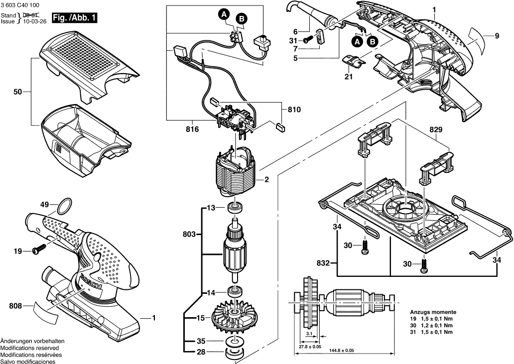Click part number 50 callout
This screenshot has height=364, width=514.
pyautogui.click(x=18, y=92)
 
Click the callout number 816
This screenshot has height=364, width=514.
pyautogui.click(x=192, y=129)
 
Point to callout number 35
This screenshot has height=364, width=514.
pyautogui.click(x=201, y=341)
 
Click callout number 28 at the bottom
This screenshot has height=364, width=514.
pyautogui.click(x=201, y=352)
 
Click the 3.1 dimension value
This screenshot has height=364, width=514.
pyautogui.click(x=309, y=333)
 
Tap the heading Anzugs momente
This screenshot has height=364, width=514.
pyautogui.click(x=432, y=311)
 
